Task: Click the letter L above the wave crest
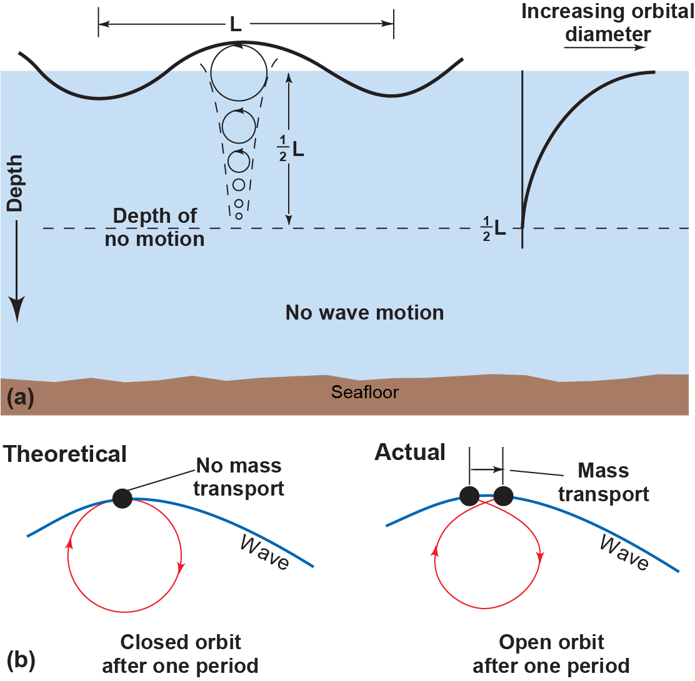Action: click(235, 24)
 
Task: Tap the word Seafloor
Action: click(364, 393)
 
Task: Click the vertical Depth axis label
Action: click(16, 183)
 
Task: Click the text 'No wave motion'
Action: click(364, 313)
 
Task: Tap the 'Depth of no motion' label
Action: click(154, 228)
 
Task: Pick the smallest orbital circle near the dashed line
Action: click(238, 216)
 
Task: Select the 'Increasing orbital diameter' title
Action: click(607, 22)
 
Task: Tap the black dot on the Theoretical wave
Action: click(122, 497)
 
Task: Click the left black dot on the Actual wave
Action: click(469, 496)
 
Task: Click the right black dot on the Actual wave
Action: click(503, 496)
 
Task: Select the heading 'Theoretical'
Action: click(65, 454)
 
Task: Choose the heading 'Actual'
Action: click(409, 452)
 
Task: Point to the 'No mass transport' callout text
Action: click(239, 477)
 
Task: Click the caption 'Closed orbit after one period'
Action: click(181, 654)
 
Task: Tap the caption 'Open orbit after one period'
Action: click(551, 654)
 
